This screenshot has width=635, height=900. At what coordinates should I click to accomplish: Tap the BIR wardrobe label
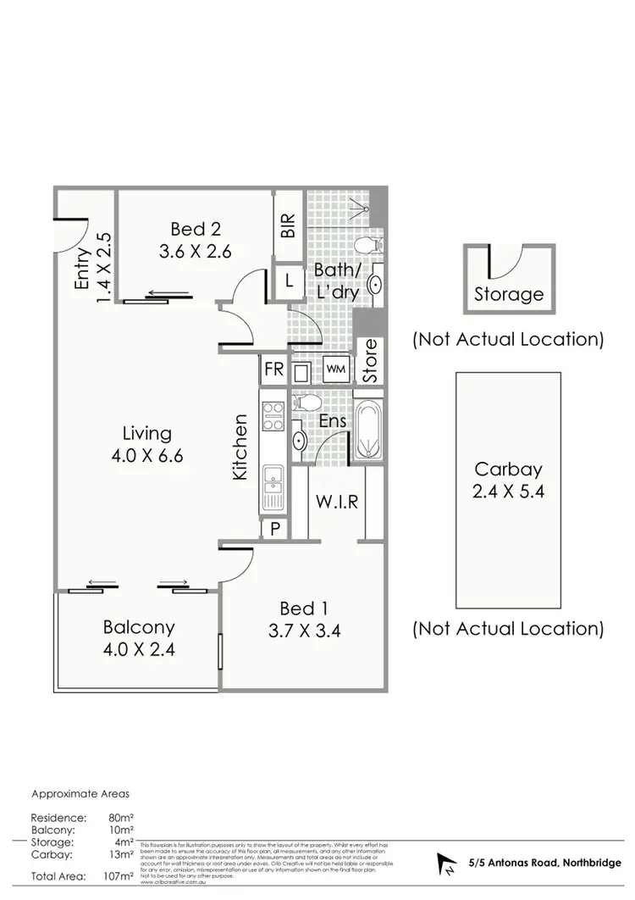pos(288,224)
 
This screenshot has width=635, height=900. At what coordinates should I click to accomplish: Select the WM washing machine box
pos(335,369)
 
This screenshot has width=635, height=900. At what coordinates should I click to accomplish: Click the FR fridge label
pos(273,369)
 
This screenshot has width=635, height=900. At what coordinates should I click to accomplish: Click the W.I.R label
pos(336,502)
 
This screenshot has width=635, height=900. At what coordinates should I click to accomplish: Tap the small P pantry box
pos(275,528)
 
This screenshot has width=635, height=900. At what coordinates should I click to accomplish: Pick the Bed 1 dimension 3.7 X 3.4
pos(304,631)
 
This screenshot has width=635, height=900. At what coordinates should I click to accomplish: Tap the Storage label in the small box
pos(508,294)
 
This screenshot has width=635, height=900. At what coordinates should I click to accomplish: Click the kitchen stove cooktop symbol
pos(274,414)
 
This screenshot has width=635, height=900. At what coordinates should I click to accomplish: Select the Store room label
pos(369,361)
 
